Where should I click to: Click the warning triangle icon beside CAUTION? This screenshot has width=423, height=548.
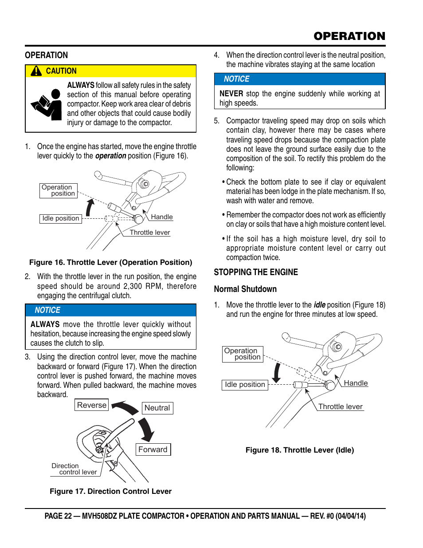(36, 71)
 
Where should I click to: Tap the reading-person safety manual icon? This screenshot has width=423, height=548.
(47, 105)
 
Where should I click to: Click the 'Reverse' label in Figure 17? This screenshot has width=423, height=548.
(92, 405)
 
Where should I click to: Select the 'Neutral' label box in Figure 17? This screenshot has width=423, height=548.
(157, 408)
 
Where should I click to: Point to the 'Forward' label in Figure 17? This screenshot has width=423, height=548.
(153, 449)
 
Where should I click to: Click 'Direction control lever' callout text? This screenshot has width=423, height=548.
(74, 469)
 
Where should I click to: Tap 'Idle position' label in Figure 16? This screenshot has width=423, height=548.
(61, 218)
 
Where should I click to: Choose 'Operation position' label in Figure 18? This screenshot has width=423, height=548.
(243, 354)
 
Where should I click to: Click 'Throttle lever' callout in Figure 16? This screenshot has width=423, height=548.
(150, 233)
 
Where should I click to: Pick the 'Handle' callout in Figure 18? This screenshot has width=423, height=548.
(356, 383)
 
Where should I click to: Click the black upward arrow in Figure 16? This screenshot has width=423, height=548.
(90, 207)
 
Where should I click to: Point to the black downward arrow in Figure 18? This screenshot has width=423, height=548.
(277, 372)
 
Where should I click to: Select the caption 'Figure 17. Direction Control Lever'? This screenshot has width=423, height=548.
(110, 491)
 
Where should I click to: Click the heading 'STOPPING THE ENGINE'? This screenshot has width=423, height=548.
(256, 272)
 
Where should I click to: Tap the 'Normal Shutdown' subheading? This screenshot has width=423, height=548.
(245, 289)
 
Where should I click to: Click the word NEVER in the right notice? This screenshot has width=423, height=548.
(231, 94)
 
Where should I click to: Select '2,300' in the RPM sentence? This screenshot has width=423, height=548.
(133, 286)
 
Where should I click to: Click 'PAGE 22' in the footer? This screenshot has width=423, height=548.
(58, 516)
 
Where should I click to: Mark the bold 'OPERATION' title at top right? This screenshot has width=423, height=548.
(349, 36)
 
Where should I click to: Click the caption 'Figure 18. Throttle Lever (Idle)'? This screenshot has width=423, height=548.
(300, 450)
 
